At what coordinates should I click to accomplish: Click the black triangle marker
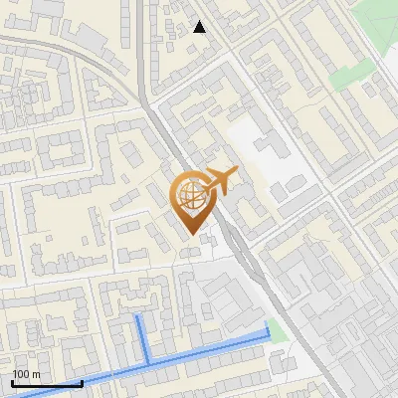tap(200, 27)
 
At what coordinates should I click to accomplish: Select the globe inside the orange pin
tap(191, 196)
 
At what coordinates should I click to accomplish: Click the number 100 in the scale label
tap(20, 374)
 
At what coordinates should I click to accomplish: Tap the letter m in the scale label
tap(36, 374)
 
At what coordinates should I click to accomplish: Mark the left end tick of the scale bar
tap(12, 382)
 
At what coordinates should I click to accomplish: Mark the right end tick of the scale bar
tap(82, 382)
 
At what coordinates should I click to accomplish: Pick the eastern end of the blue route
tap(269, 327)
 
